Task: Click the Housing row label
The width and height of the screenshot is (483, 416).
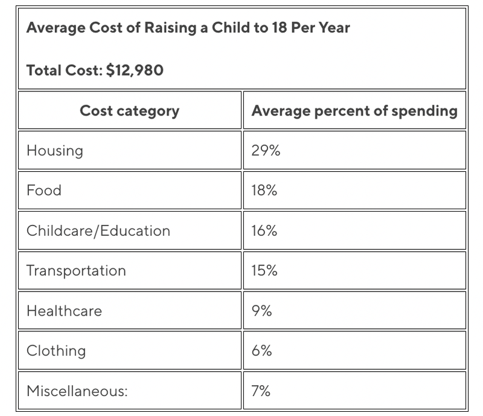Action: tap(55, 151)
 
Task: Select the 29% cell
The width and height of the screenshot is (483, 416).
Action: tap(266, 151)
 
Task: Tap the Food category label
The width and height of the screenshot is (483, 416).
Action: tap(44, 190)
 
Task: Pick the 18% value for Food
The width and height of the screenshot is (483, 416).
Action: tap(264, 190)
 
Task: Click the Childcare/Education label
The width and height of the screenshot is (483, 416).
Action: tap(98, 230)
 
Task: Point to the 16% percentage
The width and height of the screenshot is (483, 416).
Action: tap(264, 230)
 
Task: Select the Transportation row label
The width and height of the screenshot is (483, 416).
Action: tap(76, 270)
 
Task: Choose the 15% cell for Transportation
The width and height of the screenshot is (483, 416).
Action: tap(264, 270)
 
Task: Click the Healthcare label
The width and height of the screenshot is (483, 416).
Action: tap(64, 311)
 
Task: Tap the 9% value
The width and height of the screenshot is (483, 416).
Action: tap(261, 311)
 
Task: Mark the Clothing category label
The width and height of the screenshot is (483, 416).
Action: tap(56, 351)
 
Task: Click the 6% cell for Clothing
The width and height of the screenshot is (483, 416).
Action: tap(261, 351)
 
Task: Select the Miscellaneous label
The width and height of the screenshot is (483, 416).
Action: tap(77, 391)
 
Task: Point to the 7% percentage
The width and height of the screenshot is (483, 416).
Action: tap(261, 391)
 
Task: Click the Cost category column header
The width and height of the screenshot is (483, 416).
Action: tap(129, 111)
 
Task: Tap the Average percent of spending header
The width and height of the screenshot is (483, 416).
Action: tap(354, 111)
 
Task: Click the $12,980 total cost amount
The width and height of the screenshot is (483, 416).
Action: tap(135, 70)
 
